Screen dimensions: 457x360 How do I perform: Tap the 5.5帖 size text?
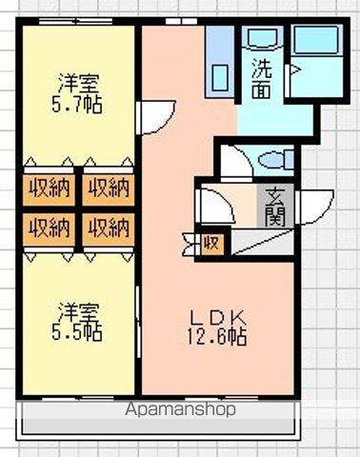click(78, 332)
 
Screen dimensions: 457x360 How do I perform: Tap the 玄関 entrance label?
click(275, 205)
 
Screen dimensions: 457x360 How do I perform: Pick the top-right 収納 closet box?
click(108, 188)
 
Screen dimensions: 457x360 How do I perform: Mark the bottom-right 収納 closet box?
click(108, 227)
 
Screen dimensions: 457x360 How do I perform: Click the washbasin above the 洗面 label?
click(259, 41)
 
